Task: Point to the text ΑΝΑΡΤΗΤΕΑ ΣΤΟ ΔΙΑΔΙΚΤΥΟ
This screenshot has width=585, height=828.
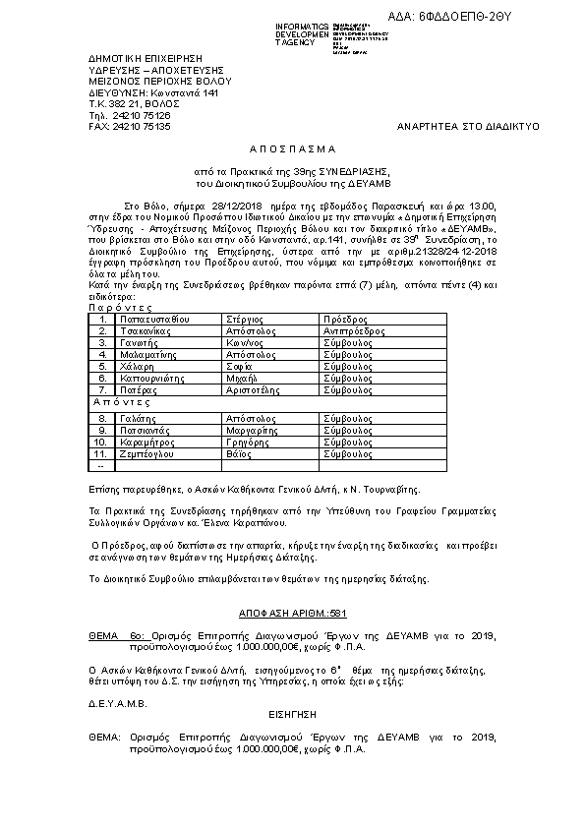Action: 460,127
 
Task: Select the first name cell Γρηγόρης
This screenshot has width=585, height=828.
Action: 249,442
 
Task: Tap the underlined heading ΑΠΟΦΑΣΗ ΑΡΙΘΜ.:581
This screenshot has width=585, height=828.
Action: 292,613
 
